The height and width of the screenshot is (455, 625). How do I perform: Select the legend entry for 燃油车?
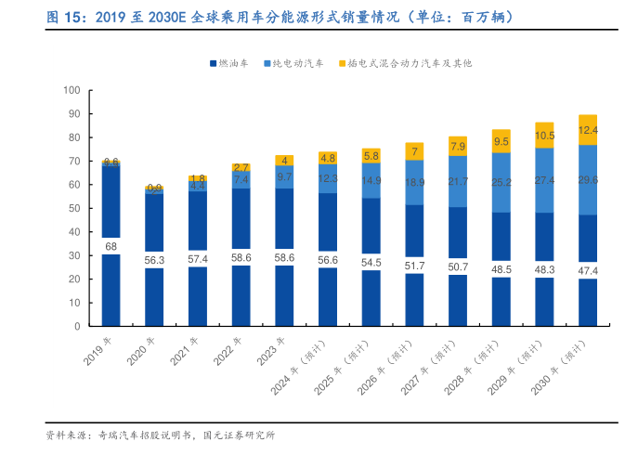pos(232,63)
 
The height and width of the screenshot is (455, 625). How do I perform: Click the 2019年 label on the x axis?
pos(99,350)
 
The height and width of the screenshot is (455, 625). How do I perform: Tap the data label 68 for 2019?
pos(111,246)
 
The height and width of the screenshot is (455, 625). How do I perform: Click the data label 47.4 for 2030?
pos(587,270)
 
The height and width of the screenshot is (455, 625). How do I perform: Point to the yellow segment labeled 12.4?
pos(587,130)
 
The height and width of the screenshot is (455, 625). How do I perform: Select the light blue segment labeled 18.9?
pos(414,182)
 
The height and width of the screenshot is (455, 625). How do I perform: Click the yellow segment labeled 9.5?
pos(501,141)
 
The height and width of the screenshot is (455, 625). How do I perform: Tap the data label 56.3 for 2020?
pos(154,260)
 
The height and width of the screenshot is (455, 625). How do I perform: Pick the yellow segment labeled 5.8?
pos(371,156)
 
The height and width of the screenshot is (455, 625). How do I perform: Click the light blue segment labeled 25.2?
pos(501,182)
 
